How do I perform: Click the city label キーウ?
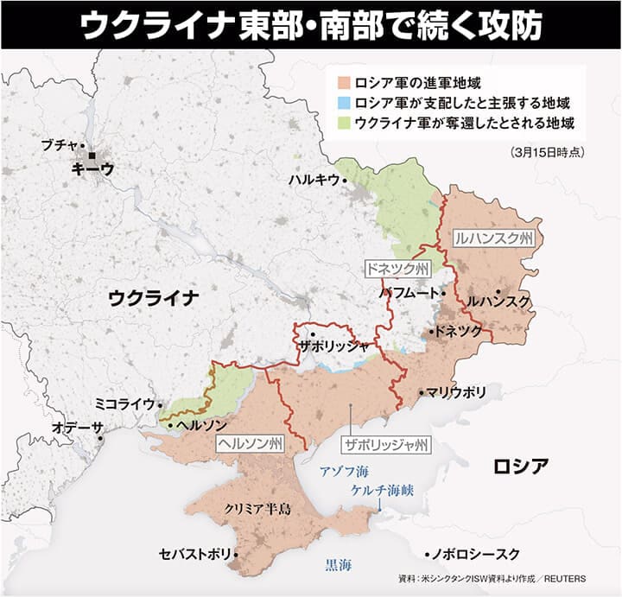(93, 169)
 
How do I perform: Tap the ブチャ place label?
(60, 145)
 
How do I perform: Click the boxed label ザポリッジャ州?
(385, 446)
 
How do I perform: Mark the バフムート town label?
(409, 294)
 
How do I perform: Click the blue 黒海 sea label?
(338, 567)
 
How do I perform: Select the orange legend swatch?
(342, 85)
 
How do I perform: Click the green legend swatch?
(342, 123)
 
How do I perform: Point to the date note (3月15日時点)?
(549, 152)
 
